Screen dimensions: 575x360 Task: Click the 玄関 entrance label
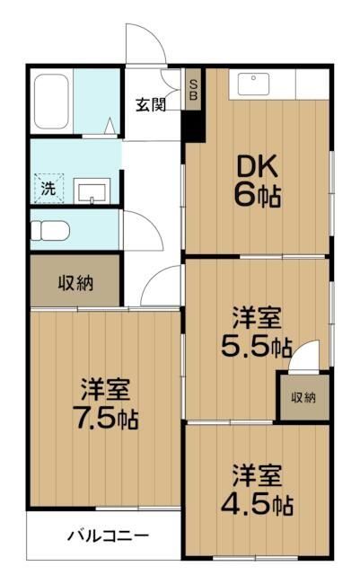151,104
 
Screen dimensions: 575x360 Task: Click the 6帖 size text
259,194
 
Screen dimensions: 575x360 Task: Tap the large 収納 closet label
75,282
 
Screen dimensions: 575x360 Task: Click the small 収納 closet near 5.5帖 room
303,396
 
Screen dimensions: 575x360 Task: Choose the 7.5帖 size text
105,418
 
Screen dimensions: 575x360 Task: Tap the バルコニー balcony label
109,537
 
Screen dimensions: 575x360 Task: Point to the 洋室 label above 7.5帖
105,389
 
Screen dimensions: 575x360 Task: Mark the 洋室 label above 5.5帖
259,316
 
